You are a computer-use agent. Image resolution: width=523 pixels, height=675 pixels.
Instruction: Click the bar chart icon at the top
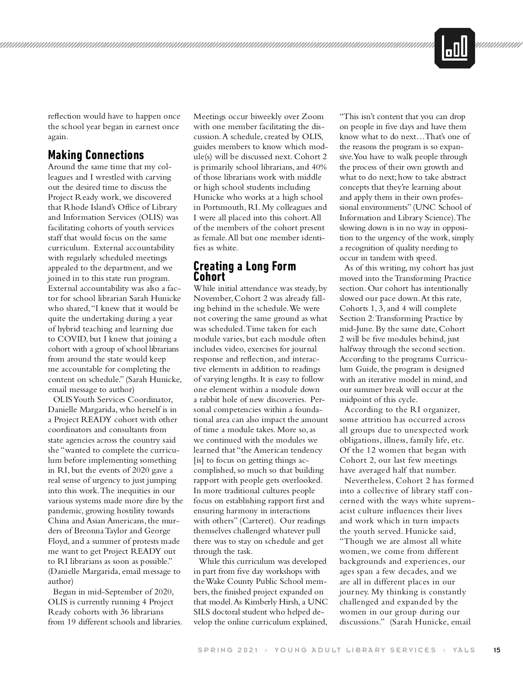point(455,48)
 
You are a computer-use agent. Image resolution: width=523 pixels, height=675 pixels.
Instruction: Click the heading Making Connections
point(96,155)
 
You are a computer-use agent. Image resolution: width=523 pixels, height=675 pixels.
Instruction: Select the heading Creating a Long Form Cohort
point(245,271)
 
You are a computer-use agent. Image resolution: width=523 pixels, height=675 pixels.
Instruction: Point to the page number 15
point(497,650)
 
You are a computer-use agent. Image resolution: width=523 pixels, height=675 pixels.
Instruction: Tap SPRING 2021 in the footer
point(228,650)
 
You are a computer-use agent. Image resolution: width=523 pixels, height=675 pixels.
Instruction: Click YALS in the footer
point(464,650)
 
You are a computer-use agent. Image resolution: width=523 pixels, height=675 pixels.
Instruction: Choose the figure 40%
point(316,167)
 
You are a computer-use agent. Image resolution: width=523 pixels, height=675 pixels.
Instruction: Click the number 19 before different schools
point(72,622)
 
